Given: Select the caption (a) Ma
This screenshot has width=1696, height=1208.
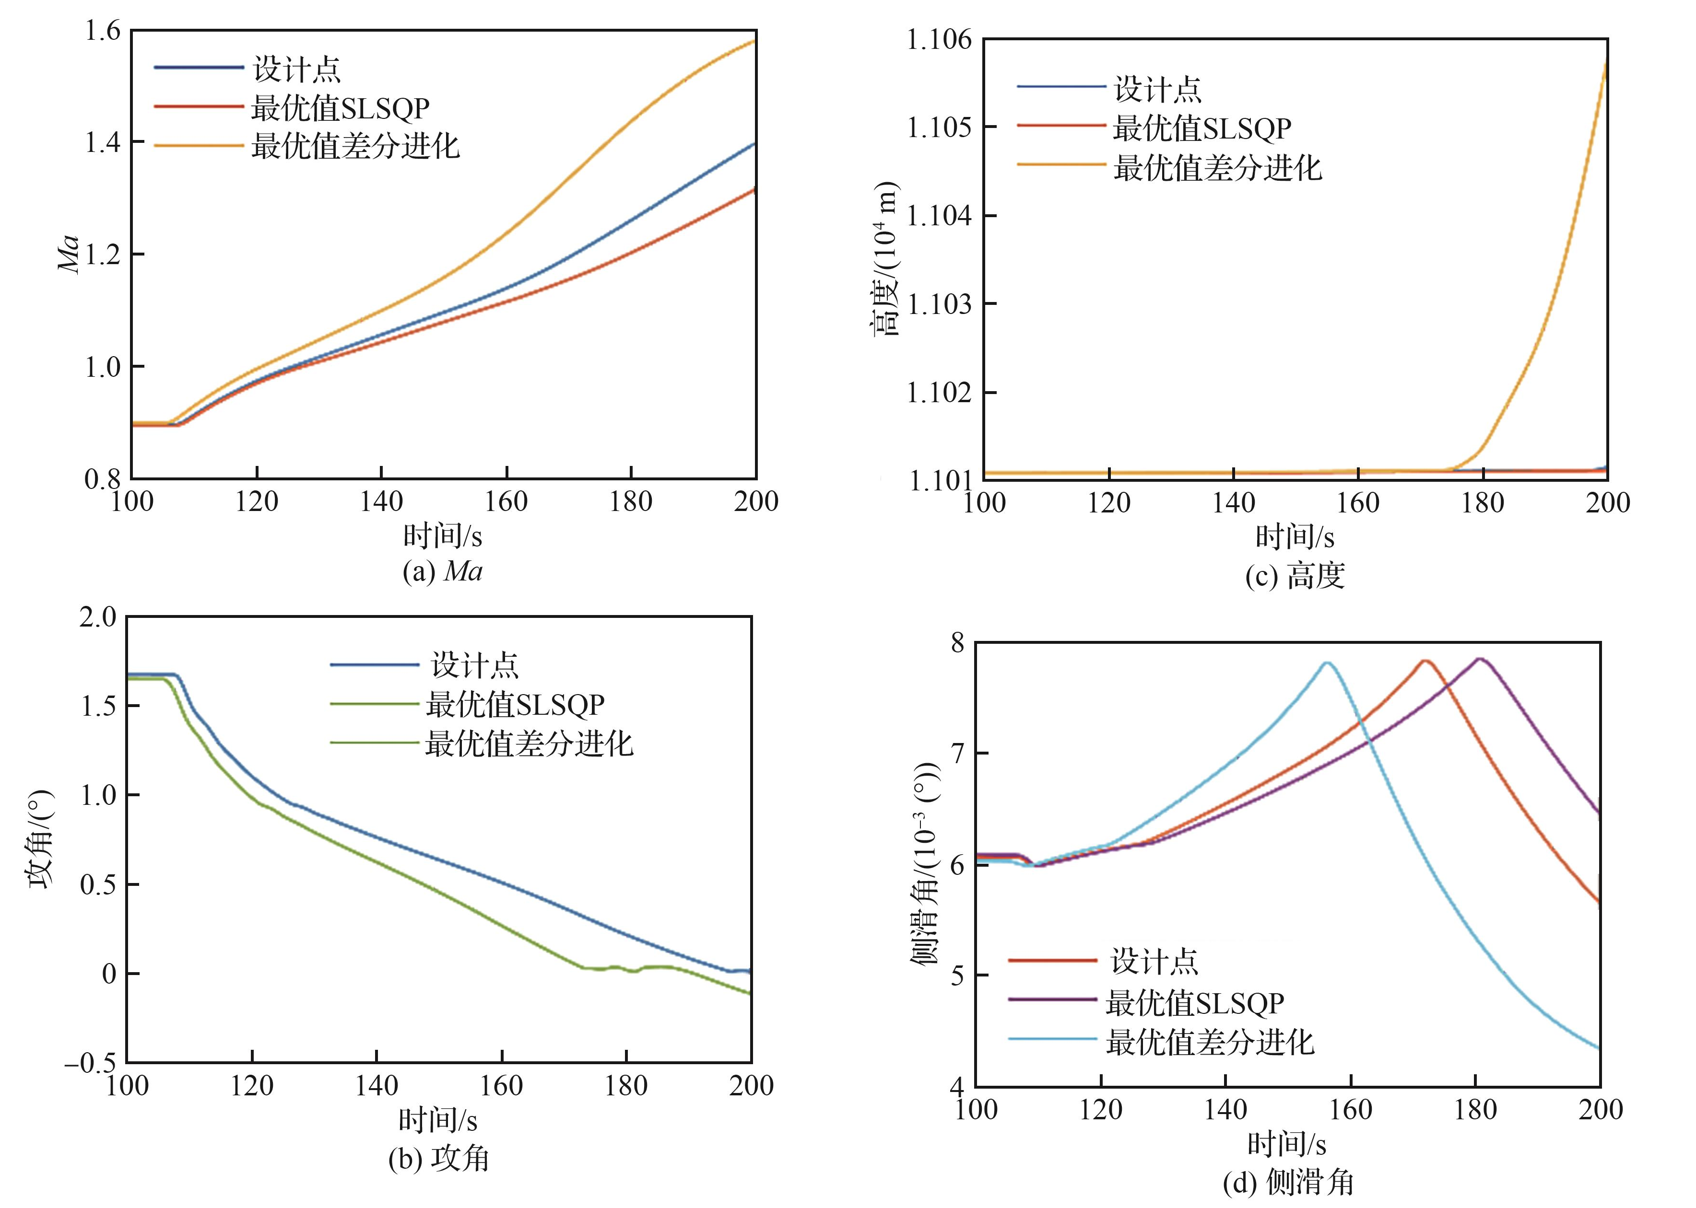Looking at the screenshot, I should (x=442, y=571).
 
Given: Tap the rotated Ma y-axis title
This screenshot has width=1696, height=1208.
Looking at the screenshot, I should (x=69, y=255).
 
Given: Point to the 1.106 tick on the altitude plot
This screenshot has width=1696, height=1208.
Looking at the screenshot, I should (x=939, y=39).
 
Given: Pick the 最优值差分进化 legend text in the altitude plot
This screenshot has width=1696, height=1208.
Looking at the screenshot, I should (x=1217, y=168).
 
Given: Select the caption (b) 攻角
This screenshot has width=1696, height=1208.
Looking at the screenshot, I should (x=438, y=1158).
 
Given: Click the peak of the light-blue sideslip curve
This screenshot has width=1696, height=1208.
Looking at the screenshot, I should (x=1327, y=663).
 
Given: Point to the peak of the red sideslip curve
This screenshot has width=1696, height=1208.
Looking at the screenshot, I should (x=1425, y=661).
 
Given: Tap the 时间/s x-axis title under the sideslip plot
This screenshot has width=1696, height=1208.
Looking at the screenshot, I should (x=1287, y=1145).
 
